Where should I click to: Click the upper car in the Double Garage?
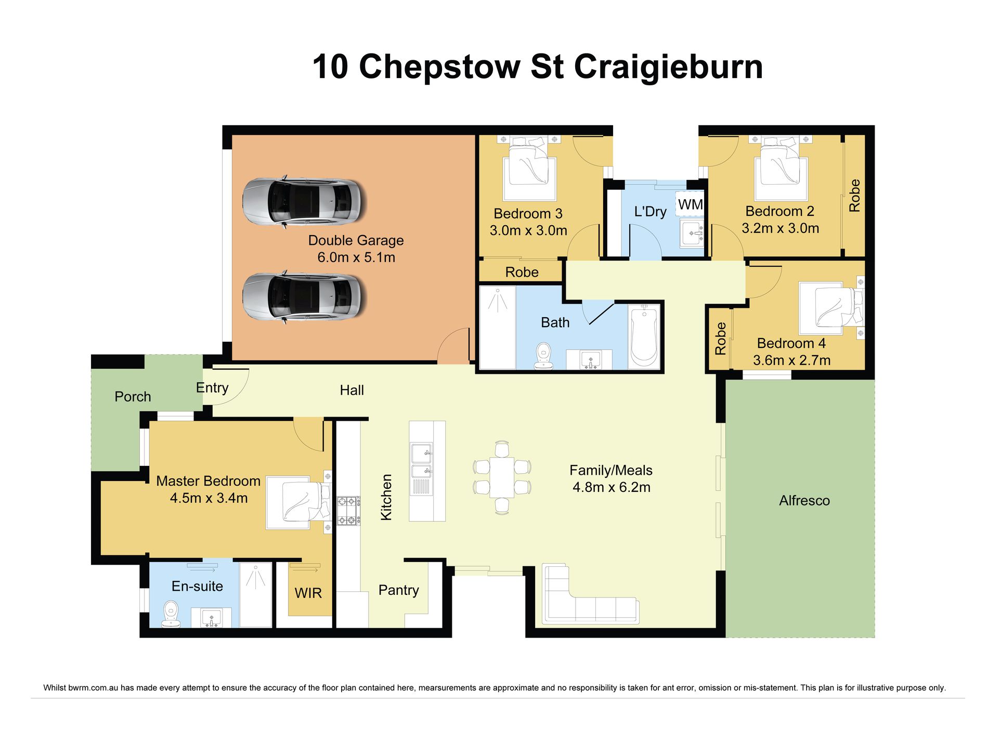coord(304,202)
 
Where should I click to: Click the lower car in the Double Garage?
coord(304,297)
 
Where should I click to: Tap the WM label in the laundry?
coord(691,205)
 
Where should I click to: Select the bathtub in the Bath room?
coord(644,335)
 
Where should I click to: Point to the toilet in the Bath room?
coord(543,356)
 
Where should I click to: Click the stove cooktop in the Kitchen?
coord(348,511)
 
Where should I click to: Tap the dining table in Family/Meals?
coord(502,477)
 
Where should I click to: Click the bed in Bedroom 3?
coord(529,165)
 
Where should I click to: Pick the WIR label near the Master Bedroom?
coord(308,593)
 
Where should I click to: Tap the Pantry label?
coord(398,590)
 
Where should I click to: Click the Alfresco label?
coord(804,501)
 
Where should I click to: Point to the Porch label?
coord(133,397)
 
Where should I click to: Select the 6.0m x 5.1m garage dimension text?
coord(356,257)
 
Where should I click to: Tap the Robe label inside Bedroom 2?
coord(854,196)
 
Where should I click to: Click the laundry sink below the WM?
coord(692,232)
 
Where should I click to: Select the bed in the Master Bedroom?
coord(298,502)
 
